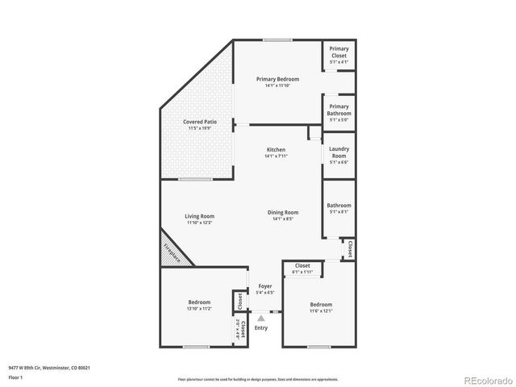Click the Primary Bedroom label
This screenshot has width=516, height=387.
[277, 79]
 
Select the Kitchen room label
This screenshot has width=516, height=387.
[277, 150]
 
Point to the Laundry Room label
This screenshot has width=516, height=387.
[339, 151]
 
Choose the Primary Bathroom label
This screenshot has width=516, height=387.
[339, 110]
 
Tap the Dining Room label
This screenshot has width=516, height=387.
[283, 212]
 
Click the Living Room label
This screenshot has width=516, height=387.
[199, 216]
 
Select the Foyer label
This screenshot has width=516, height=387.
[264, 286]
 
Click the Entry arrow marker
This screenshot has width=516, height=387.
[260, 319]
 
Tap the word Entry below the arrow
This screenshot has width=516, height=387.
[260, 328]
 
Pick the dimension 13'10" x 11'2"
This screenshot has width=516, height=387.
[199, 308]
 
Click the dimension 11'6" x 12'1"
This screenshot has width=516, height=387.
[320, 310]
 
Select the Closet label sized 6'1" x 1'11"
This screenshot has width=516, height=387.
[302, 265]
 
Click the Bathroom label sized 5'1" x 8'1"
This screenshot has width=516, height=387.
[339, 206]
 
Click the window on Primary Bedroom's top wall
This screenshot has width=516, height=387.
[277, 40]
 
